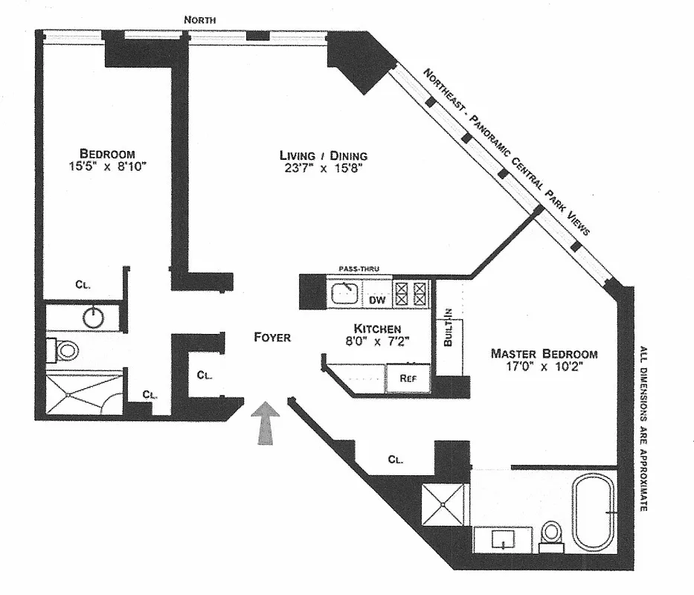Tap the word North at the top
[201, 20]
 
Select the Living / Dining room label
[324, 155]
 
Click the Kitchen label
[377, 329]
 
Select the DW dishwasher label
[377, 300]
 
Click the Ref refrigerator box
[408, 378]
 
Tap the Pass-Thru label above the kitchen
[355, 268]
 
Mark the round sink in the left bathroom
[93, 318]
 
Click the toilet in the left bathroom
[65, 350]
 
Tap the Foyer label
[271, 337]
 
